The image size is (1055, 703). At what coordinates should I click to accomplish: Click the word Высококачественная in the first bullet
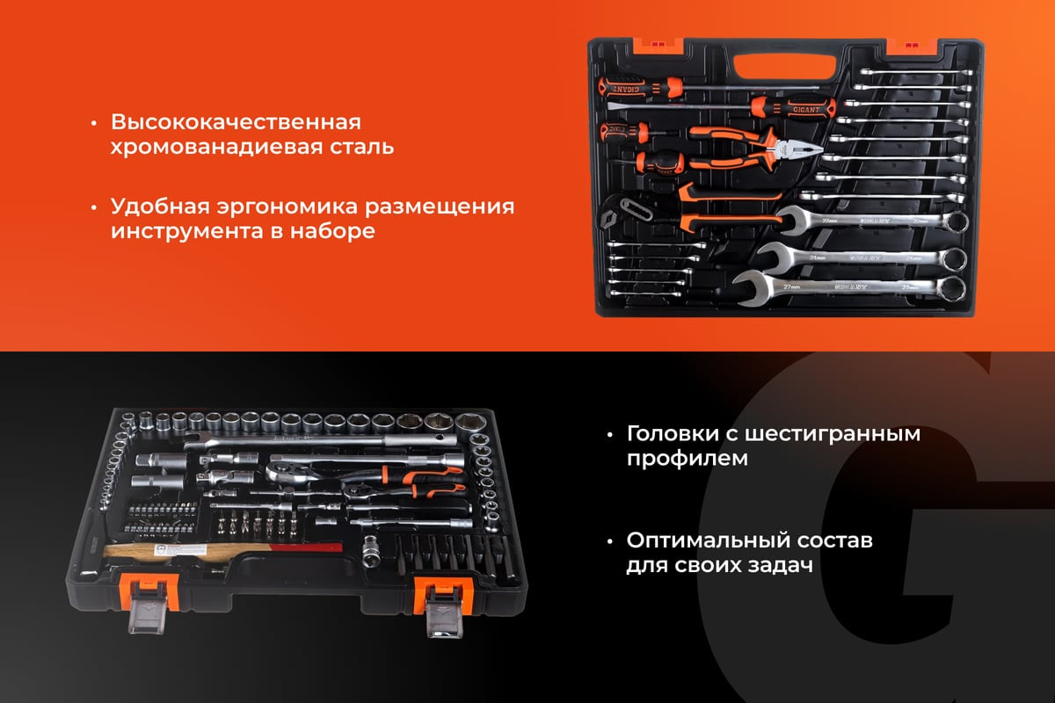(x=236, y=122)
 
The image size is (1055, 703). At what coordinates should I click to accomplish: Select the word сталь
(x=361, y=147)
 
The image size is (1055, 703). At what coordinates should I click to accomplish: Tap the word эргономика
(x=287, y=207)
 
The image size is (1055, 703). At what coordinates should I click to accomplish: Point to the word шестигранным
(x=833, y=435)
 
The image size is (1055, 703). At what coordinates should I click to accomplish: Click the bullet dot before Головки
(x=610, y=435)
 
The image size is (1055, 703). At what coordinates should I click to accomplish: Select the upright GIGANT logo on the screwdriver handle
(x=806, y=110)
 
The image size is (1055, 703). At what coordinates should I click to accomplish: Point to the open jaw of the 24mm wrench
(x=774, y=256)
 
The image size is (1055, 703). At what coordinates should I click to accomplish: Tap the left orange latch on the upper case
(x=658, y=45)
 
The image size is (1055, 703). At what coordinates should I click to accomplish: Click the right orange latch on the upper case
(x=912, y=47)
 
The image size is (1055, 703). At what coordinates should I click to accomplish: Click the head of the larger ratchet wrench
(x=287, y=471)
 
